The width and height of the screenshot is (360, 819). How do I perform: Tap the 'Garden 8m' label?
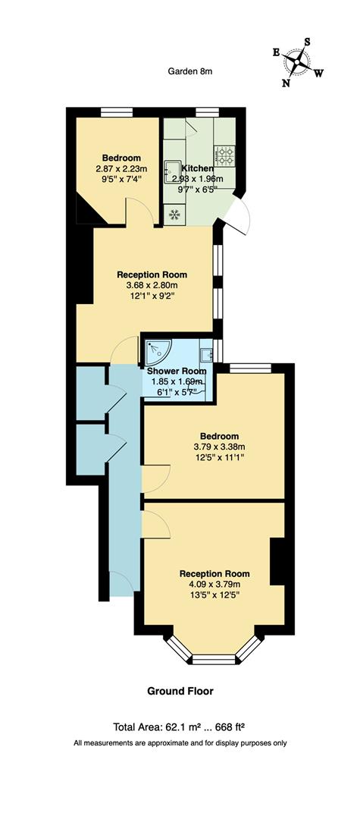tap(189, 71)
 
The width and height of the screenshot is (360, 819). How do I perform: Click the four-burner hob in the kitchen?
tap(225, 155)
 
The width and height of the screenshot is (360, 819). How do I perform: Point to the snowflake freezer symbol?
tap(174, 215)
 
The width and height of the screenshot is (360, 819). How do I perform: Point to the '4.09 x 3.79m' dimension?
tap(214, 584)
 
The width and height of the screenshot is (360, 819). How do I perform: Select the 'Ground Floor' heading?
tap(180, 691)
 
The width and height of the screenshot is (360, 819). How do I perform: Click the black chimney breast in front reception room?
tap(277, 562)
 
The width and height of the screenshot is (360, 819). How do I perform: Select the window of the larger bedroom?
tap(250, 368)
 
